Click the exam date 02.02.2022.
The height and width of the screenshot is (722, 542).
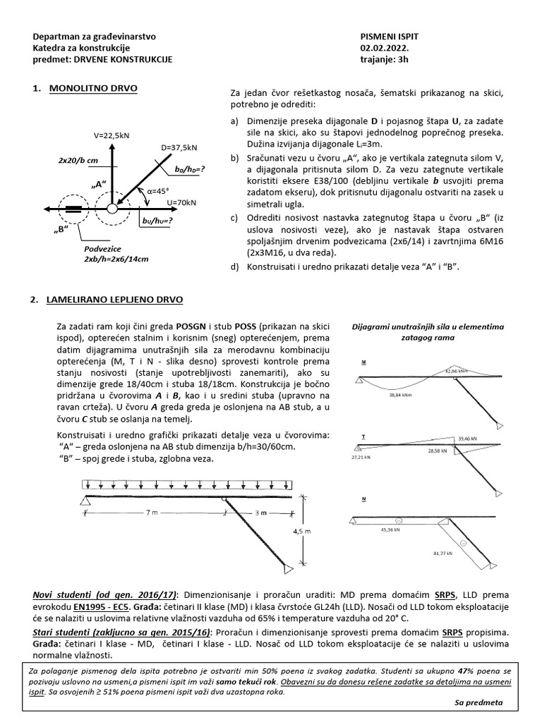(383, 48)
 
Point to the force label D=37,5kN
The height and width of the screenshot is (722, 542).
(180, 148)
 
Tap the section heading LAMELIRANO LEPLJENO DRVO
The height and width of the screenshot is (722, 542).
(114, 300)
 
